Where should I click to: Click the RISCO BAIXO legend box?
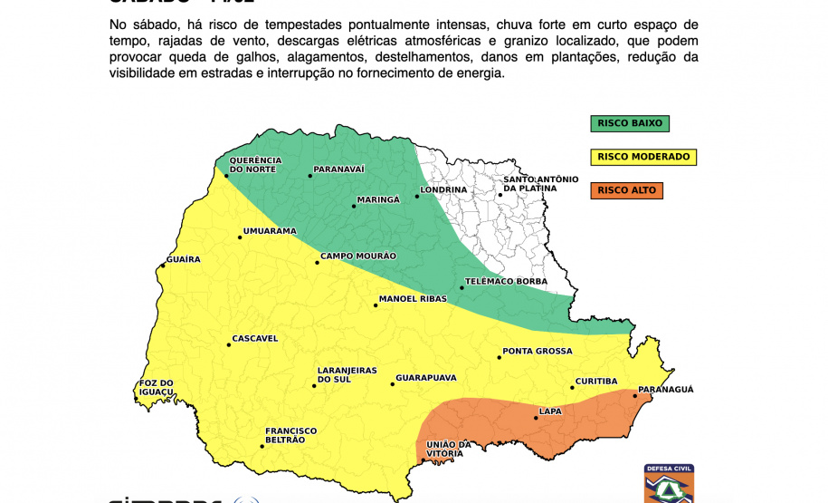coord(630,123)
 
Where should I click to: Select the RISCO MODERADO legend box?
coord(643,157)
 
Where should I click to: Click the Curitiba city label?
coord(596,382)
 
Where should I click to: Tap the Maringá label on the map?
coord(378,199)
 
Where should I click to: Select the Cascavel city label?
coord(255,339)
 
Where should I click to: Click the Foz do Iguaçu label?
coord(156,387)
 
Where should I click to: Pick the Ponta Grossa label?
coord(538,351)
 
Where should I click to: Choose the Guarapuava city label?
coord(426,378)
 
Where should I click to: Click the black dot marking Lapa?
coord(536,417)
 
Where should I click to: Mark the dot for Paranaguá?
coord(634,395)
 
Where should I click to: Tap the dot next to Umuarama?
coord(240,237)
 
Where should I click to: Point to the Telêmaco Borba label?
coord(506,282)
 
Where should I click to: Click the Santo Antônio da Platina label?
coord(540,184)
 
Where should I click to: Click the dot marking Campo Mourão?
coord(318,263)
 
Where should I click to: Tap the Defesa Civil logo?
coord(669,484)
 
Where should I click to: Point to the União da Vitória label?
coord(449,448)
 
